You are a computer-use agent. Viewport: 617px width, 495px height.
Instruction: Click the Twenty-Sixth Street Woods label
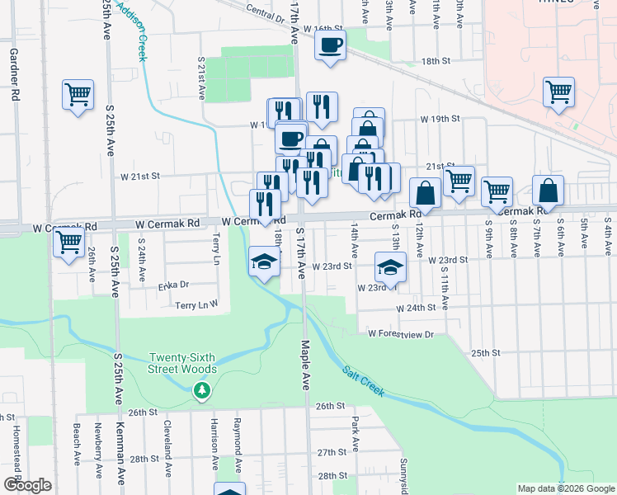[182, 363]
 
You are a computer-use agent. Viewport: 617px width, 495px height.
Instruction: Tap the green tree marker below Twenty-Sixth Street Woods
[201, 391]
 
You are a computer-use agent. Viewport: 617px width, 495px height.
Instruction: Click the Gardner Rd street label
[14, 74]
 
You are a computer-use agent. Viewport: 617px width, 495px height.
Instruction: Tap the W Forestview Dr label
[401, 334]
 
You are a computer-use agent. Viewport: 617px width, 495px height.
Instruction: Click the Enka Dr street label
[173, 285]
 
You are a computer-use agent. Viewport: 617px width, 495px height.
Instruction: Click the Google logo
[27, 485]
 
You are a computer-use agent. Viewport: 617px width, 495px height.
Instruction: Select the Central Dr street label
[265, 12]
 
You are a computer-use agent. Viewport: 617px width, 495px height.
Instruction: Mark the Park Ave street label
[355, 433]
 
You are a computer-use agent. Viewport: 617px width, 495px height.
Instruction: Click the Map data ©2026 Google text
[565, 488]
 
